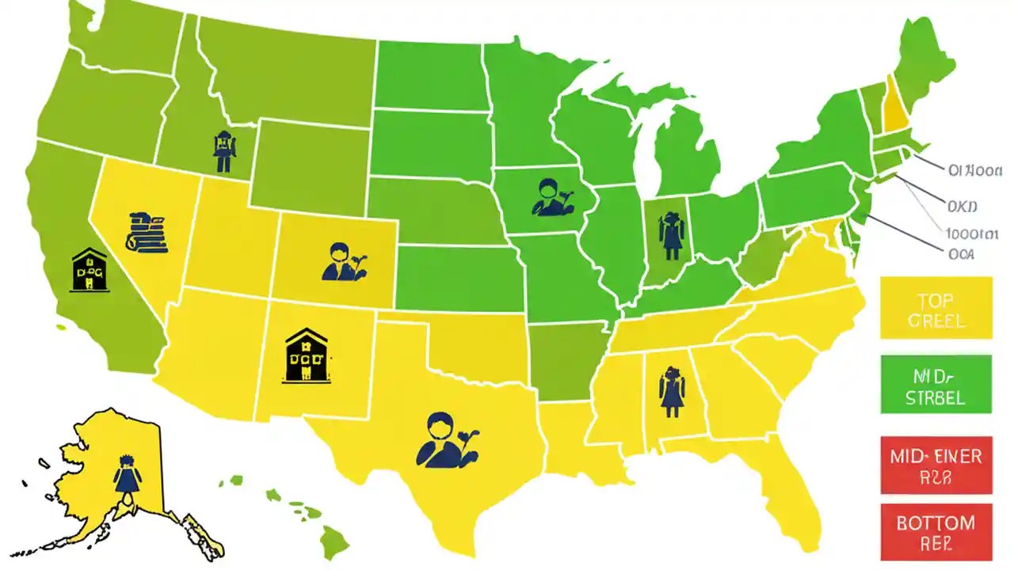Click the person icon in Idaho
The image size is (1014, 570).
click(x=223, y=151)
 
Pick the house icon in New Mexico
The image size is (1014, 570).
click(x=307, y=356)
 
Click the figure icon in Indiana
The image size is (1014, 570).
click(x=672, y=235)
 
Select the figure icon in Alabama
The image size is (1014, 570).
click(x=671, y=392)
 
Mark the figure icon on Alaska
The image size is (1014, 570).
click(x=126, y=474)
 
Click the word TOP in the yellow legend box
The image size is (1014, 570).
click(x=936, y=301)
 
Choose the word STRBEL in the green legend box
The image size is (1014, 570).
click(x=936, y=397)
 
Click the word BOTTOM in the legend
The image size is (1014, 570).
click(x=936, y=523)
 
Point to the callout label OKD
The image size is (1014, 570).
click(x=963, y=207)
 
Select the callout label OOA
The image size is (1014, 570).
click(x=960, y=253)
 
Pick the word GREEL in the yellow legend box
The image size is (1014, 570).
click(x=936, y=321)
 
